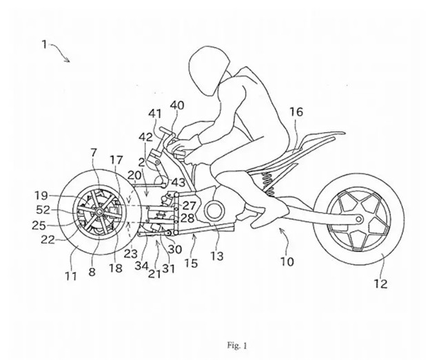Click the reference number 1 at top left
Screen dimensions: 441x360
[44, 45]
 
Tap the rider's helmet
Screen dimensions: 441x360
[208, 71]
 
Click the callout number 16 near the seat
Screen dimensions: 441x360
[296, 112]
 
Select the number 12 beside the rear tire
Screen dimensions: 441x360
[380, 284]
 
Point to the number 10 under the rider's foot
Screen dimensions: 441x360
[287, 262]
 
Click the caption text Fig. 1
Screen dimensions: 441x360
[237, 345]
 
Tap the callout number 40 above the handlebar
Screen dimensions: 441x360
[177, 105]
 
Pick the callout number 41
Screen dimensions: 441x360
[155, 114]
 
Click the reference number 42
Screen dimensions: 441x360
[145, 137]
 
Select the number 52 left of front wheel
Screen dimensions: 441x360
[43, 210]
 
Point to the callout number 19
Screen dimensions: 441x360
[41, 195]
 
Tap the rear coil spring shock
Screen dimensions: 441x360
[268, 184]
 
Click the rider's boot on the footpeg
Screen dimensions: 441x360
[269, 211]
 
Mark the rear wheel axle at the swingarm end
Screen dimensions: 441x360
[359, 219]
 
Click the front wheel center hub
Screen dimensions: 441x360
[99, 212]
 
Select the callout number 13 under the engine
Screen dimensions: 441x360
[217, 256]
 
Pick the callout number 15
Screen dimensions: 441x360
[191, 263]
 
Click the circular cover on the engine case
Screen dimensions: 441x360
[214, 211]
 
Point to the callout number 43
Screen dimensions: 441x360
[178, 182]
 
